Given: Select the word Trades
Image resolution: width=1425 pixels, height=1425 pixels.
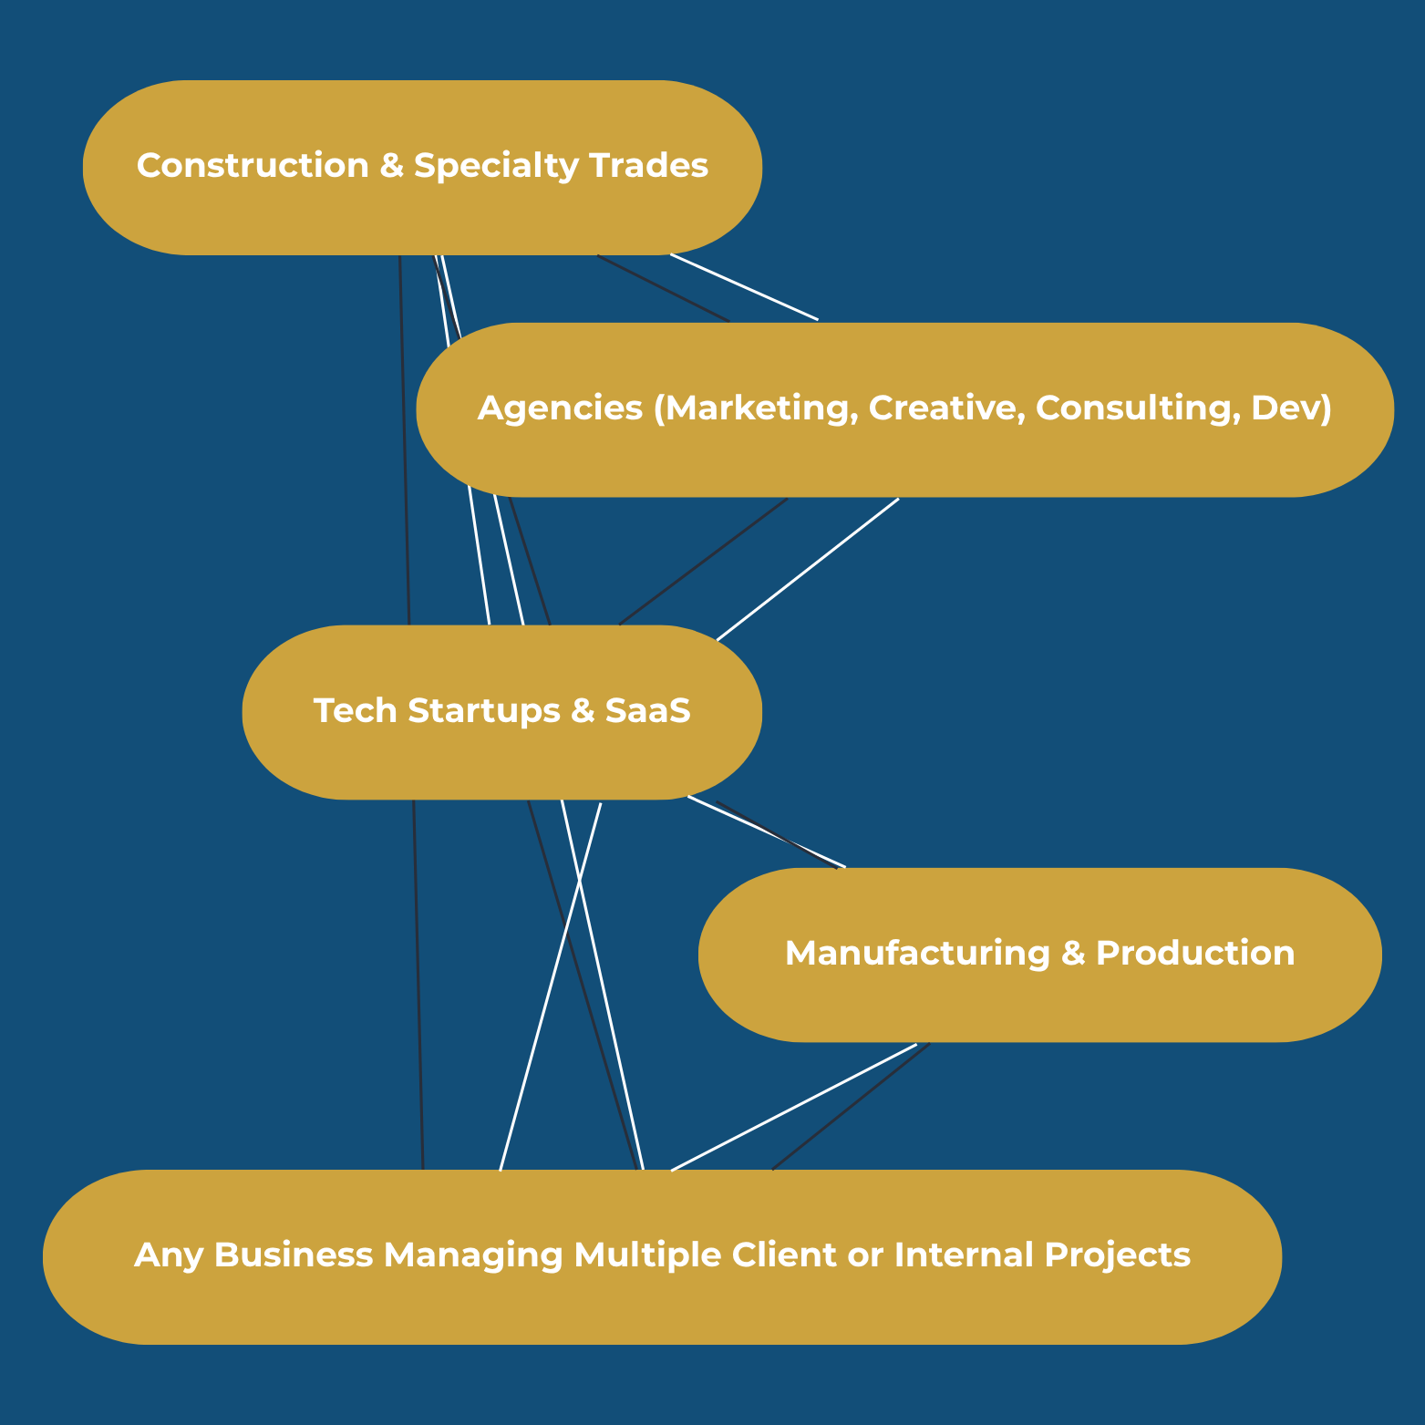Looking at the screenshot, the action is (648, 166).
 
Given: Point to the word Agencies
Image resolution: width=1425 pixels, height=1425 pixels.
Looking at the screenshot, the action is (560, 408).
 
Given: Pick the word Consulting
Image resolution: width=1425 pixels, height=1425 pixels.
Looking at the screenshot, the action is (1138, 408).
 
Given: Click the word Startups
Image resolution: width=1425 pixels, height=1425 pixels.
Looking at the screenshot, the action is (483, 711).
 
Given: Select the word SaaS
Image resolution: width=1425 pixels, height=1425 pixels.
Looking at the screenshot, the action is (647, 711).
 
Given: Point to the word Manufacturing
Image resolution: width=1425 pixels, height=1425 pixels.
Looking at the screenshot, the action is (917, 954).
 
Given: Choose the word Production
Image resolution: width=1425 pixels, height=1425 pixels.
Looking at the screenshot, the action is (1194, 954).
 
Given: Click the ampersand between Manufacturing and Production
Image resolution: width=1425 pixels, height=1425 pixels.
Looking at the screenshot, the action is (1072, 954).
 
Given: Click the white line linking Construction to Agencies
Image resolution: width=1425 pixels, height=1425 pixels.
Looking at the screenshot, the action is (744, 287).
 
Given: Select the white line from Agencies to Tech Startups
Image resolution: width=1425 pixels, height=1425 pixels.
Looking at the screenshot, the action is (808, 570).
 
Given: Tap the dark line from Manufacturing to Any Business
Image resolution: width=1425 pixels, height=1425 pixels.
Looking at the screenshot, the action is (851, 1107).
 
